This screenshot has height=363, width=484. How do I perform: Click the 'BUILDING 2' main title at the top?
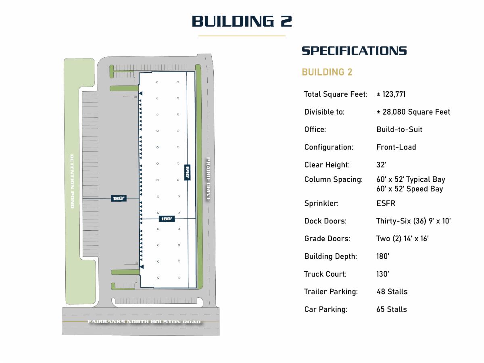242,21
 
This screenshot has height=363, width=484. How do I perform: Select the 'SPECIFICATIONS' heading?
354,51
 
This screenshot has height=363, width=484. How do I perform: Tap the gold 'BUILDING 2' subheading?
327,72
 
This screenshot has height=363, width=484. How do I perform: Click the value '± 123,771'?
391,94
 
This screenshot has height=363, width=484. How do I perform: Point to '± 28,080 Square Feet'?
413,112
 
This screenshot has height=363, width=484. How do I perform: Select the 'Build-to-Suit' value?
399,129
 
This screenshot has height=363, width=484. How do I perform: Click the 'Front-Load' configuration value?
396,147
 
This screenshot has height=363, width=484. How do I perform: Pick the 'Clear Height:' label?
327,165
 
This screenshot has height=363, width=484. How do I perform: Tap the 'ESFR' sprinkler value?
386,203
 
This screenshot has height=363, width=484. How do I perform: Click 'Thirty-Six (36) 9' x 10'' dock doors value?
413,221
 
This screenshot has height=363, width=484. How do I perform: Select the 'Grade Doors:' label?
327,238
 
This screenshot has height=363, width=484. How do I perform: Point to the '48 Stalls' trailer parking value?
392,292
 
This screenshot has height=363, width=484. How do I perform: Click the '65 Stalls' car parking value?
392,309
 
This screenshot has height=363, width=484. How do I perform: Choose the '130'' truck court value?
383,274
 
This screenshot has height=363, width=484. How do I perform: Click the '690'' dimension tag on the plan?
187,172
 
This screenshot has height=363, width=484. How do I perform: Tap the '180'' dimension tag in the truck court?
119,198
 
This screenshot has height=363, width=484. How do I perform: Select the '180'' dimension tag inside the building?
167,219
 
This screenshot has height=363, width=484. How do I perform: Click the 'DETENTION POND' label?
72,181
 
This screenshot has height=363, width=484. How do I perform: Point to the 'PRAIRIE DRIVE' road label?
208,179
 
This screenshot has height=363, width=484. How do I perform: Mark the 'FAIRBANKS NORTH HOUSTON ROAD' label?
144,321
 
